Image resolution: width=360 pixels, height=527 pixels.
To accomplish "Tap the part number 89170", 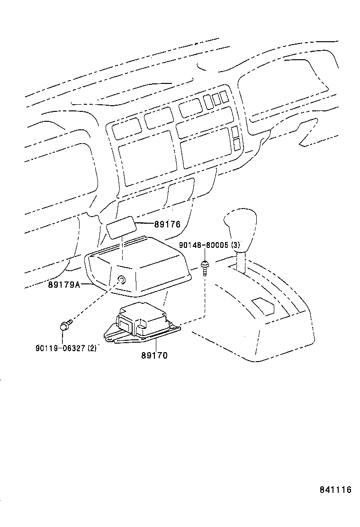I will (154, 355).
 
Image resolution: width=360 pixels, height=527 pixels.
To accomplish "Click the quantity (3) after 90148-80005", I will (235, 245).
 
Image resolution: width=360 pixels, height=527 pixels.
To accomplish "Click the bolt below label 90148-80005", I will (205, 267).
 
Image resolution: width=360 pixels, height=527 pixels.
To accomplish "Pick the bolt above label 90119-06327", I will (65, 325).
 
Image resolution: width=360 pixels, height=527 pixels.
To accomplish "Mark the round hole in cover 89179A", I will (122, 280).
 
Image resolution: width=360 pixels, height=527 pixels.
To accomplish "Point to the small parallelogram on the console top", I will (263, 305).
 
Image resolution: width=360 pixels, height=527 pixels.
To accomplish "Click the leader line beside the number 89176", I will (144, 223).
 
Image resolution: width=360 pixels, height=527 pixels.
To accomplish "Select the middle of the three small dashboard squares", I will (216, 99).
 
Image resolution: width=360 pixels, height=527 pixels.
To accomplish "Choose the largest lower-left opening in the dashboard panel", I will (147, 156).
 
